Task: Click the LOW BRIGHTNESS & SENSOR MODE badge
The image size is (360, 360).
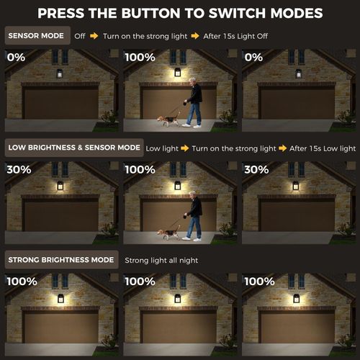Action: coord(74,148)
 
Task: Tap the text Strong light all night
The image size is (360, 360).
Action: coord(161,260)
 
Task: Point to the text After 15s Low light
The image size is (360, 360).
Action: coord(323,148)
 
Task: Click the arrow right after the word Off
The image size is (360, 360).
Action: coord(93,35)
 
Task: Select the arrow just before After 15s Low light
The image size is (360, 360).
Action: coord(284,148)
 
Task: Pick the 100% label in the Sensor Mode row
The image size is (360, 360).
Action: coord(140,57)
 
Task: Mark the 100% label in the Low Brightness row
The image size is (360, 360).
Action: coord(140,169)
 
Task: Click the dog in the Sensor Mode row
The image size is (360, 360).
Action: coord(168,120)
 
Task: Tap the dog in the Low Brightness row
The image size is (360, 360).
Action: coord(168,233)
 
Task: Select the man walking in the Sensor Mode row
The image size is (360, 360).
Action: coord(193,102)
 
